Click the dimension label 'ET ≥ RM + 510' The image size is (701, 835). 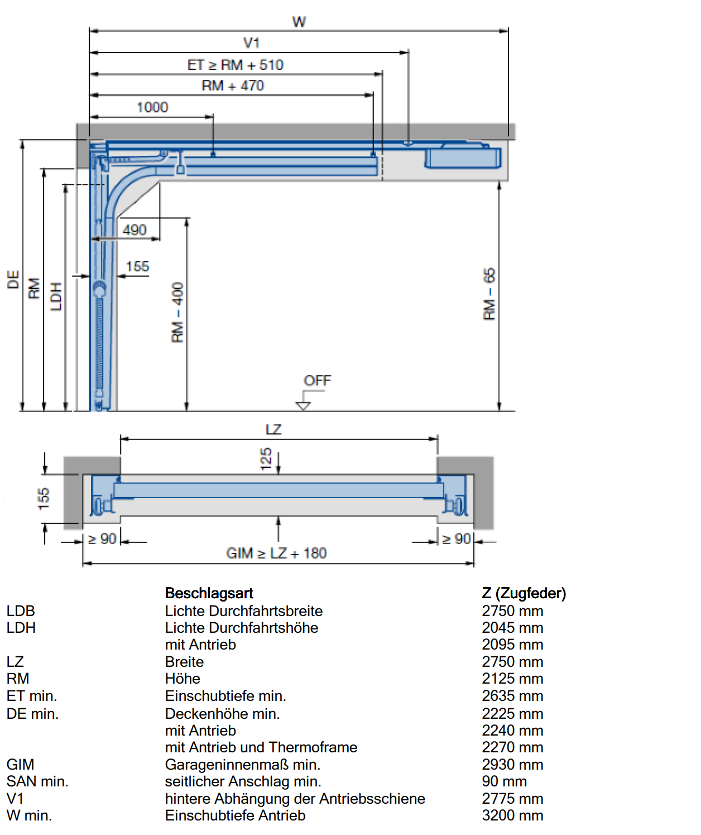point(236,65)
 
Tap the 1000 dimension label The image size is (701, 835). point(152,107)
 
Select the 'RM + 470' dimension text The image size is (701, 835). point(233,85)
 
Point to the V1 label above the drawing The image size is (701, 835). point(251,43)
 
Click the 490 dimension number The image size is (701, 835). point(135,230)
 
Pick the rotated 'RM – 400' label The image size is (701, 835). point(177,312)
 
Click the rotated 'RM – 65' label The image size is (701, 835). point(489,294)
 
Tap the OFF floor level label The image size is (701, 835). point(318,380)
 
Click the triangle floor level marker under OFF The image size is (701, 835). point(303,406)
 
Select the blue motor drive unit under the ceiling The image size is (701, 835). point(463,157)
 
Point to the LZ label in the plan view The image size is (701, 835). point(274,430)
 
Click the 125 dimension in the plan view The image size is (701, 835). point(266,459)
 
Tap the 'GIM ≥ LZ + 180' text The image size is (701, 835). point(277,553)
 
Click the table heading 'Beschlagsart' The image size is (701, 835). point(209,593)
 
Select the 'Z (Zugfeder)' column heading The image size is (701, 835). point(524,593)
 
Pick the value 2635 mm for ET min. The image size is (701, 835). point(512,696)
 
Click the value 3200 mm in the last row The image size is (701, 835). point(512,815)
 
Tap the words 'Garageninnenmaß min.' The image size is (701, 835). point(243,765)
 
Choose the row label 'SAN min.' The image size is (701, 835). point(37,781)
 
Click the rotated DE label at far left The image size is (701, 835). point(13,279)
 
